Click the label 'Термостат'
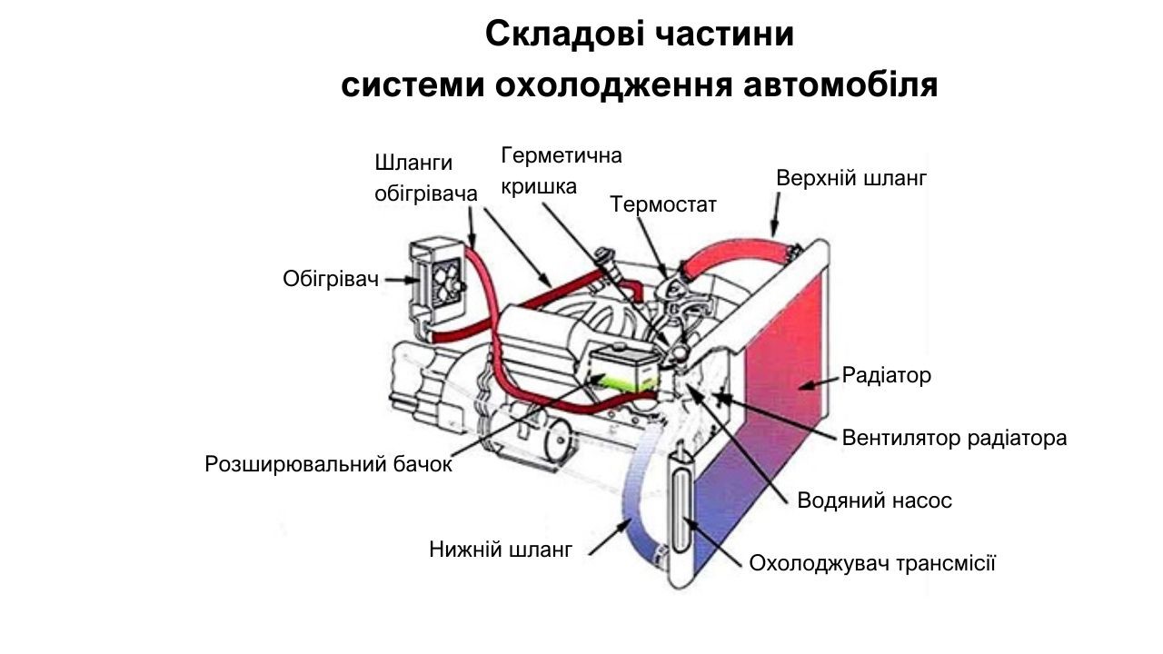click(x=663, y=204)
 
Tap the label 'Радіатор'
click(x=886, y=375)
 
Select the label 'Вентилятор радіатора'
click(x=954, y=438)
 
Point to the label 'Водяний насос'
click(x=874, y=500)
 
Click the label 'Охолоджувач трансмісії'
click(x=872, y=563)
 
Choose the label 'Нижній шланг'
click(x=501, y=550)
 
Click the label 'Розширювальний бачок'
click(x=328, y=464)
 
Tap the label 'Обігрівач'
click(x=330, y=279)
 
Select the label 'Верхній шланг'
click(x=851, y=178)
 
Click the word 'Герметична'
click(x=562, y=155)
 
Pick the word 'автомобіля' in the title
click(x=840, y=84)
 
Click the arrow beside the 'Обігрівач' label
click(x=402, y=280)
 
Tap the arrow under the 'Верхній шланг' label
click(x=775, y=214)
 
